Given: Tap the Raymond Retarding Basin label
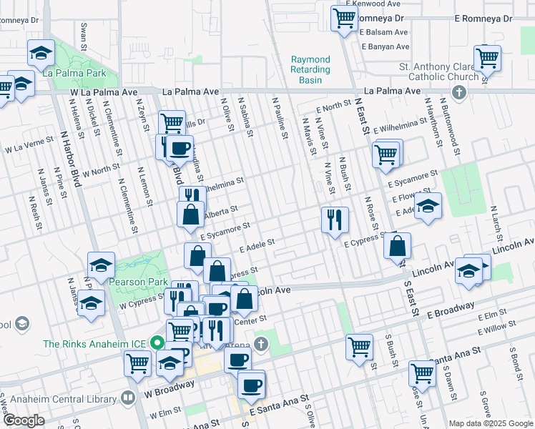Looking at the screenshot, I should (311, 69).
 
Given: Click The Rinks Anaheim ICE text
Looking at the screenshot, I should (94, 343).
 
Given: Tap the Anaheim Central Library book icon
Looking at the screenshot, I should (129, 397).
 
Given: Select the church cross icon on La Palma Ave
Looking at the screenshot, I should (458, 92).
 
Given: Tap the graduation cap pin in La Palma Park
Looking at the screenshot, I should (41, 52).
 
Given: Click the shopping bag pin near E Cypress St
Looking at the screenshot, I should (397, 245).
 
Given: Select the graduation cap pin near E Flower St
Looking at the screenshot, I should (428, 205).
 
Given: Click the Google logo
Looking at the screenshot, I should (24, 420).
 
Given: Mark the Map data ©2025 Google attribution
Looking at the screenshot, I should (490, 423).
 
